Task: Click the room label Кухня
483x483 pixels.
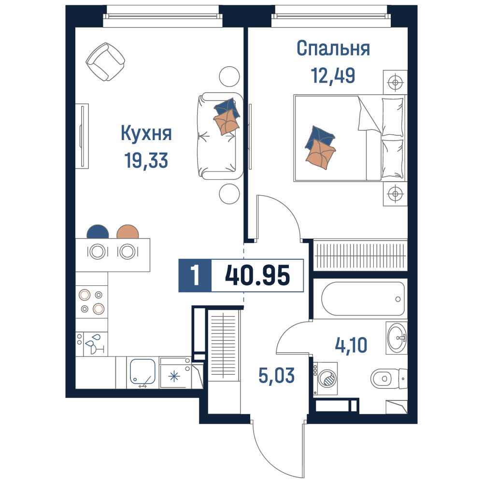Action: pyautogui.click(x=146, y=133)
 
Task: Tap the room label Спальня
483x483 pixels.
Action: pyautogui.click(x=333, y=48)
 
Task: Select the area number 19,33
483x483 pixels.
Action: pyautogui.click(x=146, y=160)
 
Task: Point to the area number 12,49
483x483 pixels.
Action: pyautogui.click(x=333, y=75)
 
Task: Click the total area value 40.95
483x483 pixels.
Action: pyautogui.click(x=257, y=275)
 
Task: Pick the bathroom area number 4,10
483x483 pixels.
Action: pyautogui.click(x=351, y=345)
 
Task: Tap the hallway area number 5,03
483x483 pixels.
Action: pyautogui.click(x=276, y=376)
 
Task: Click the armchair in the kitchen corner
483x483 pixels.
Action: pyautogui.click(x=105, y=62)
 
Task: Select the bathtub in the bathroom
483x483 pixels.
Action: pyautogui.click(x=363, y=298)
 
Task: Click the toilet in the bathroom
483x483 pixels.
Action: pyautogui.click(x=389, y=379)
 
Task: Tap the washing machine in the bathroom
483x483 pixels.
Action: pyautogui.click(x=325, y=379)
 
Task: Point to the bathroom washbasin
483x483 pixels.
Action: pyautogui.click(x=397, y=338)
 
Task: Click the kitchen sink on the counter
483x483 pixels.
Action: pyautogui.click(x=142, y=371)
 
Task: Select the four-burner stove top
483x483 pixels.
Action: pyautogui.click(x=92, y=301)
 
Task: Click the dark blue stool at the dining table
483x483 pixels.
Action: pyautogui.click(x=98, y=232)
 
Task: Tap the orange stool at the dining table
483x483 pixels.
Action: pyautogui.click(x=128, y=232)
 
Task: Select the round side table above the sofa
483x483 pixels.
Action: pyautogui.click(x=229, y=77)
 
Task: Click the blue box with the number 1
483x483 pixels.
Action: pyautogui.click(x=195, y=276)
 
